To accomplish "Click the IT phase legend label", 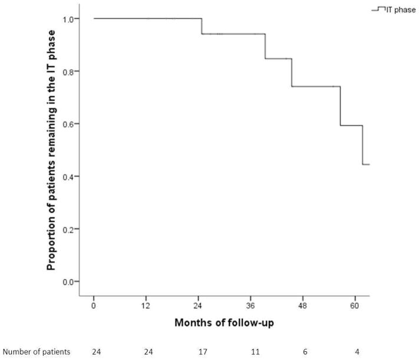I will (x=401, y=9).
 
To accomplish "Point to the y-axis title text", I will (x=52, y=150).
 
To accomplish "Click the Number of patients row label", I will (x=35, y=352).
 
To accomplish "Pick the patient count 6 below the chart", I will (x=305, y=352).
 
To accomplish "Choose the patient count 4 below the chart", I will (x=357, y=352).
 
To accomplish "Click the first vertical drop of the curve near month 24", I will (x=202, y=26).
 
